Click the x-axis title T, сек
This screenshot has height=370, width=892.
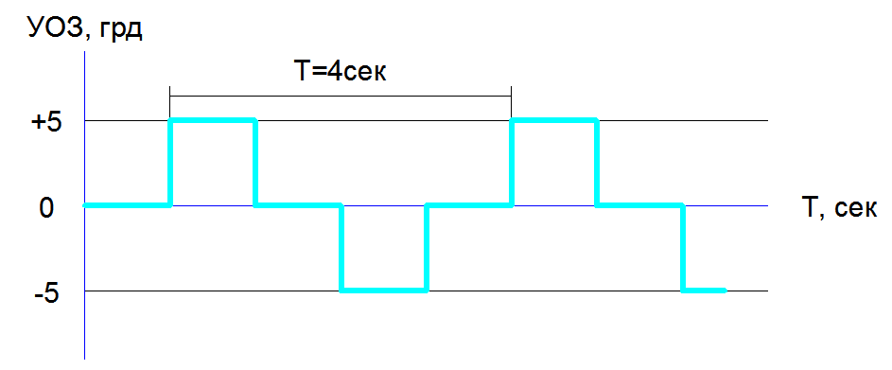[x=839, y=209]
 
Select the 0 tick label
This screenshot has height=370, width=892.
[x=46, y=208]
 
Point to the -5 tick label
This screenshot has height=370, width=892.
[x=45, y=294]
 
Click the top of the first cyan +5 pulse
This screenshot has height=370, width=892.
[x=213, y=120]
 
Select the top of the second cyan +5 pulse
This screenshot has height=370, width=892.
[x=554, y=120]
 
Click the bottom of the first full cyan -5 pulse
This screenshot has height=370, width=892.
[x=384, y=291]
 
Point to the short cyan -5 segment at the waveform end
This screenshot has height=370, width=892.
[x=705, y=291]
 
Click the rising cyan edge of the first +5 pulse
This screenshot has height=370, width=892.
[x=170, y=163]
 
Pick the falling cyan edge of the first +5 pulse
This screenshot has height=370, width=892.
[x=255, y=163]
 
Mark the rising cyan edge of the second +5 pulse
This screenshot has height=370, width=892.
[x=513, y=163]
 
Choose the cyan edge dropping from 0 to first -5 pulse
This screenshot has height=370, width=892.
[x=341, y=248]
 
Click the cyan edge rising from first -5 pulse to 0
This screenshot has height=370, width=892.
[x=426, y=248]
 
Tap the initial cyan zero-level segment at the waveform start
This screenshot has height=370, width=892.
[x=127, y=205]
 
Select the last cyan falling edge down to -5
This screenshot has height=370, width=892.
[x=683, y=248]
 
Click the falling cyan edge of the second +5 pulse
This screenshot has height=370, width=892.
[x=597, y=163]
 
